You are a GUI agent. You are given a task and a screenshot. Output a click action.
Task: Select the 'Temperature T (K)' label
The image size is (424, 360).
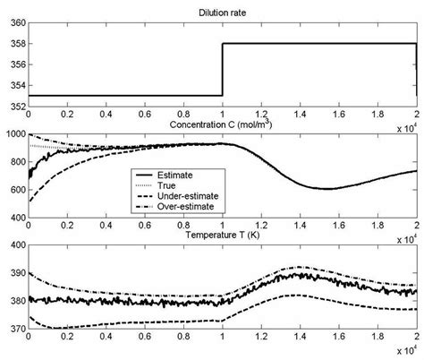[221, 234]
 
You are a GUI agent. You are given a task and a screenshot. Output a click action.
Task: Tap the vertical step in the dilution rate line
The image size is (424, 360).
[222, 69]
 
